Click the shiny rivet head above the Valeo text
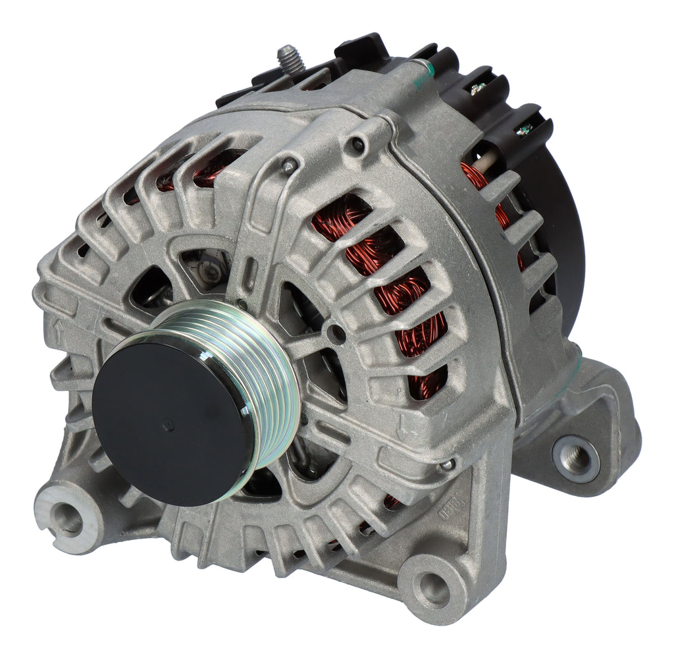click(x=447, y=465)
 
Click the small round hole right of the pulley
click(x=337, y=333)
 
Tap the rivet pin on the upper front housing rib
click(x=288, y=167)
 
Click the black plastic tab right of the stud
click(x=359, y=49)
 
